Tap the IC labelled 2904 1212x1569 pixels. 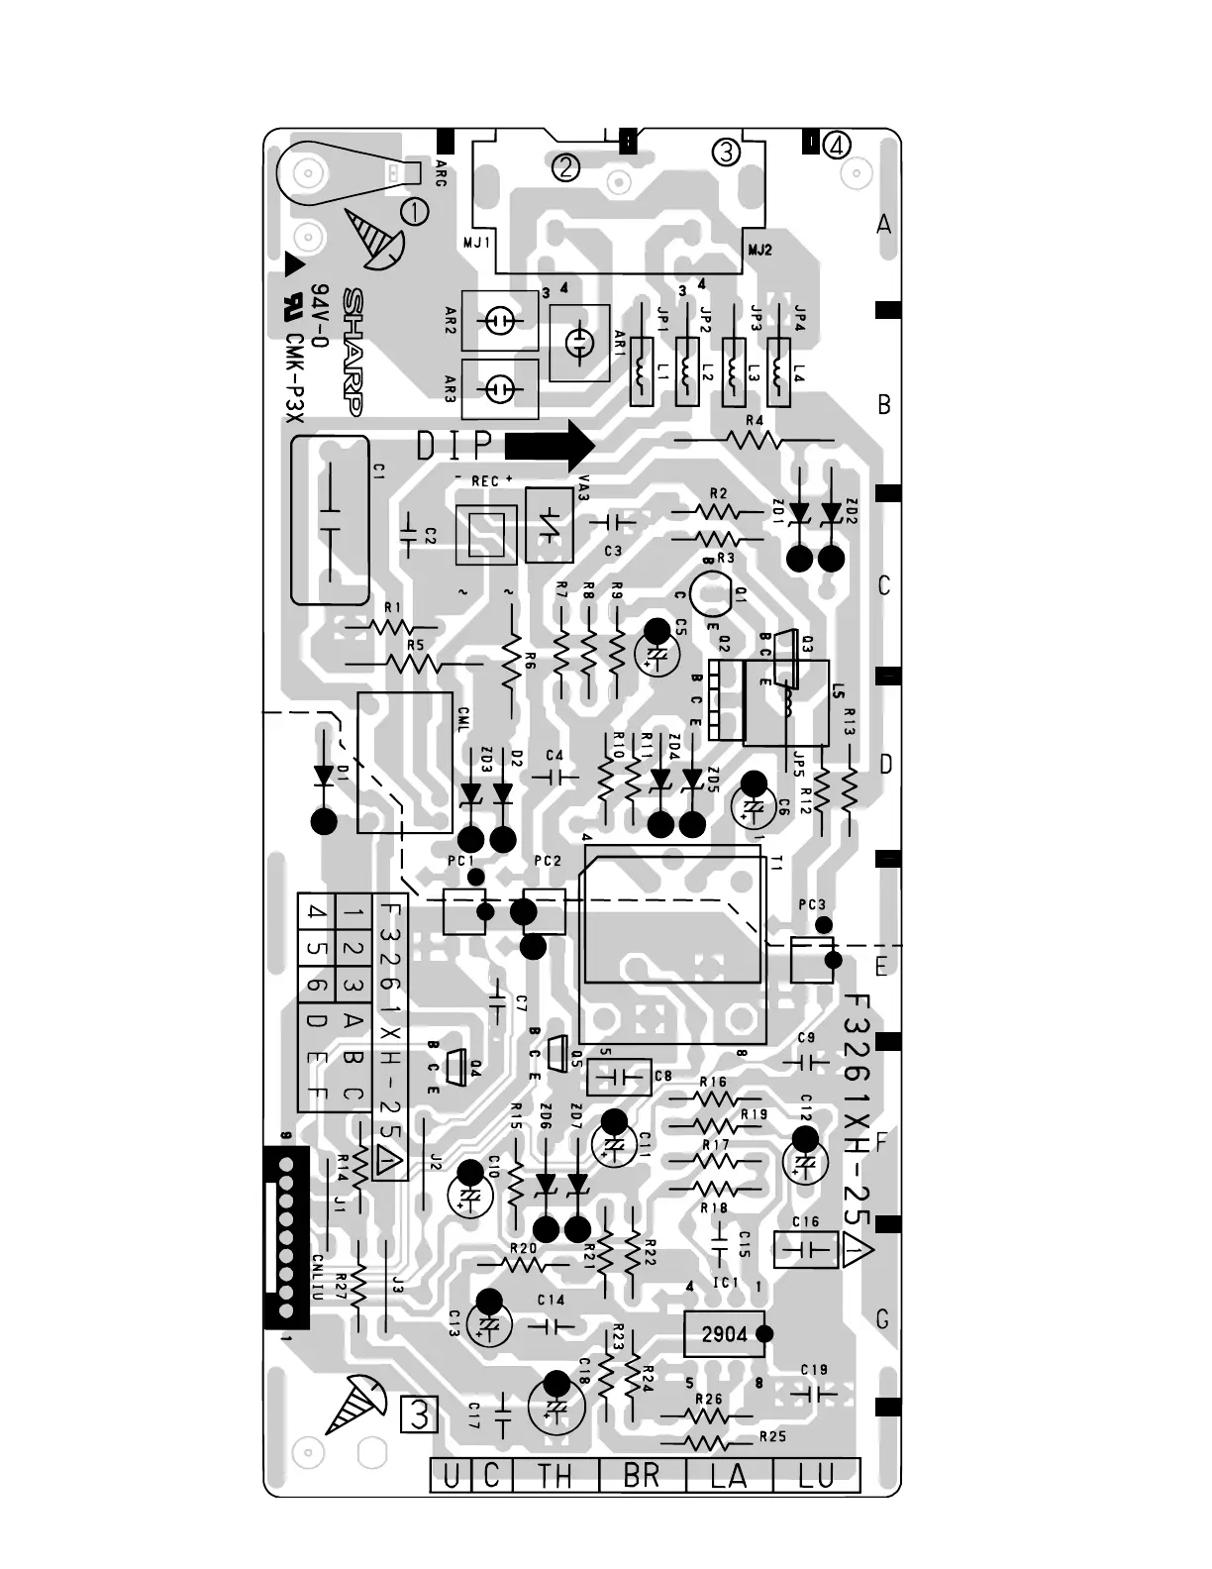point(725,1334)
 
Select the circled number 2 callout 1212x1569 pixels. point(565,167)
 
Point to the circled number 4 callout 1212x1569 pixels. point(837,146)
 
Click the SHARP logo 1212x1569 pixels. point(351,353)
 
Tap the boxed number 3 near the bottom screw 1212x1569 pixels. point(420,1415)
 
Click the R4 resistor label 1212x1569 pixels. point(755,420)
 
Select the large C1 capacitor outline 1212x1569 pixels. point(330,520)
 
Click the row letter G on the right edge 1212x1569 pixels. point(882,1319)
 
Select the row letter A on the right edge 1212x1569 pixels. point(884,225)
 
